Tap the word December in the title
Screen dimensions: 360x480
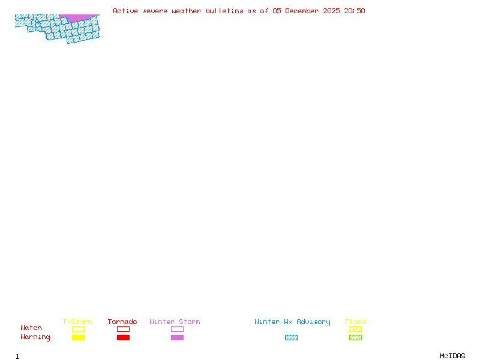[x=304, y=11]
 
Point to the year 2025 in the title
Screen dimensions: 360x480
[x=331, y=11]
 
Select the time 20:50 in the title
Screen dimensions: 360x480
[x=355, y=11]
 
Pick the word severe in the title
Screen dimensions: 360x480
[x=155, y=11]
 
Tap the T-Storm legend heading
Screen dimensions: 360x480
[x=77, y=322]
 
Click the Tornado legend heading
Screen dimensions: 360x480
[x=122, y=322]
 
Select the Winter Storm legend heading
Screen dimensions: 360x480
[x=175, y=322]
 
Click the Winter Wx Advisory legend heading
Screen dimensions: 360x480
[x=292, y=322]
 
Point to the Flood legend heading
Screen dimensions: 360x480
[x=355, y=322]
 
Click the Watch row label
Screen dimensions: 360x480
[x=31, y=328]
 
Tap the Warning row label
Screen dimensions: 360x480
[x=35, y=337]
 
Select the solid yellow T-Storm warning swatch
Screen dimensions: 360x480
[x=78, y=338]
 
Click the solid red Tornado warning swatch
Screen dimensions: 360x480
[x=123, y=338]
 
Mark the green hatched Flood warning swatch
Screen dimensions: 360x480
[x=355, y=338]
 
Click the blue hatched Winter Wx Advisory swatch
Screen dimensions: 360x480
[x=291, y=338]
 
